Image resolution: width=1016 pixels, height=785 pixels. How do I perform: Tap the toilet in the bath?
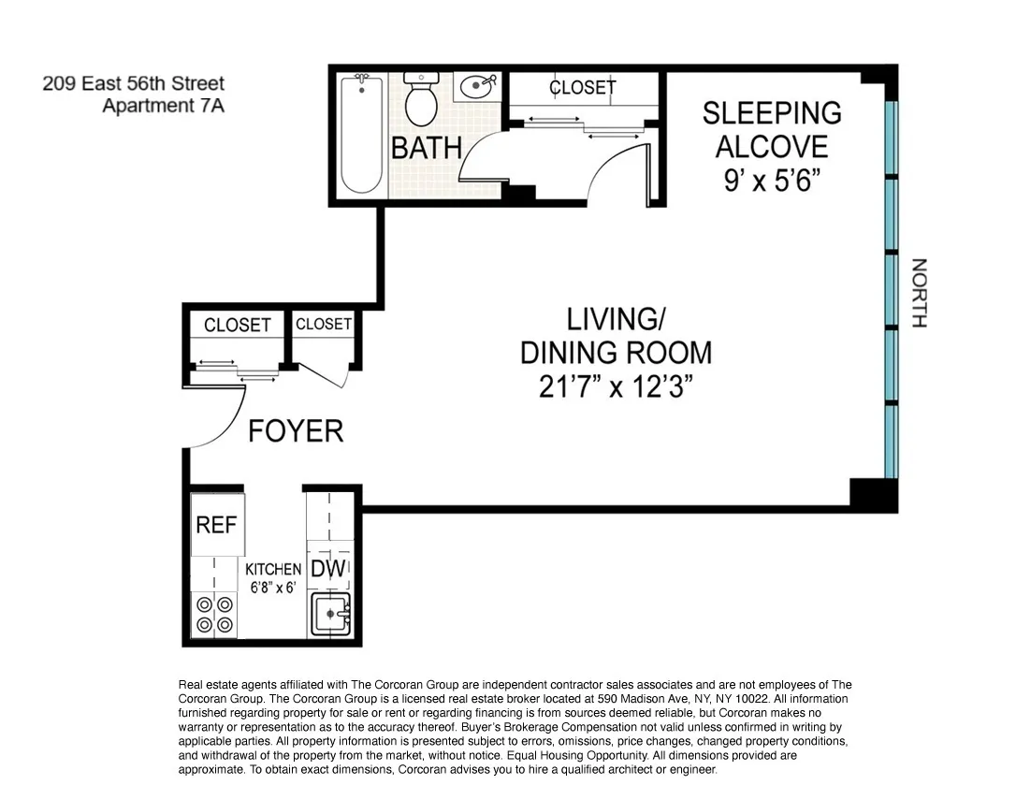pos(421,101)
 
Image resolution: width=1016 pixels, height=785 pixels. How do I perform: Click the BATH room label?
pos(427,148)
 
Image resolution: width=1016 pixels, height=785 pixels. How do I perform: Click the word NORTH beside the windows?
pos(919,293)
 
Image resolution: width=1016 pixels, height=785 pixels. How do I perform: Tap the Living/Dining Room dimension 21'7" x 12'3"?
pos(616,386)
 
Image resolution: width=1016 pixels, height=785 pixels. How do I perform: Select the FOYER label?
pos(296,431)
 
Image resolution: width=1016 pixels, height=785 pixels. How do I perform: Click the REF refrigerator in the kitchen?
pos(216,524)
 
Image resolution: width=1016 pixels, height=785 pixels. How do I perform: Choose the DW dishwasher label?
pos(328,569)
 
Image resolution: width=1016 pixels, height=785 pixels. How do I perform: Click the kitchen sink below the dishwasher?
pos(329,615)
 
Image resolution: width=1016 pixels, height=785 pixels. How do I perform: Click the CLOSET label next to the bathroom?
pos(582,87)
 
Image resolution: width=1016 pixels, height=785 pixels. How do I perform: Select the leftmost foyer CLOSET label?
pos(237,325)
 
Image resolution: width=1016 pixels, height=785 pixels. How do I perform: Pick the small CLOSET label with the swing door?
pos(323,324)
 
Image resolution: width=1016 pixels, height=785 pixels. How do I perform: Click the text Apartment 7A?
pos(163,106)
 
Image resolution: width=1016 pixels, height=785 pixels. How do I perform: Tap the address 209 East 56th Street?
pos(133,84)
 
